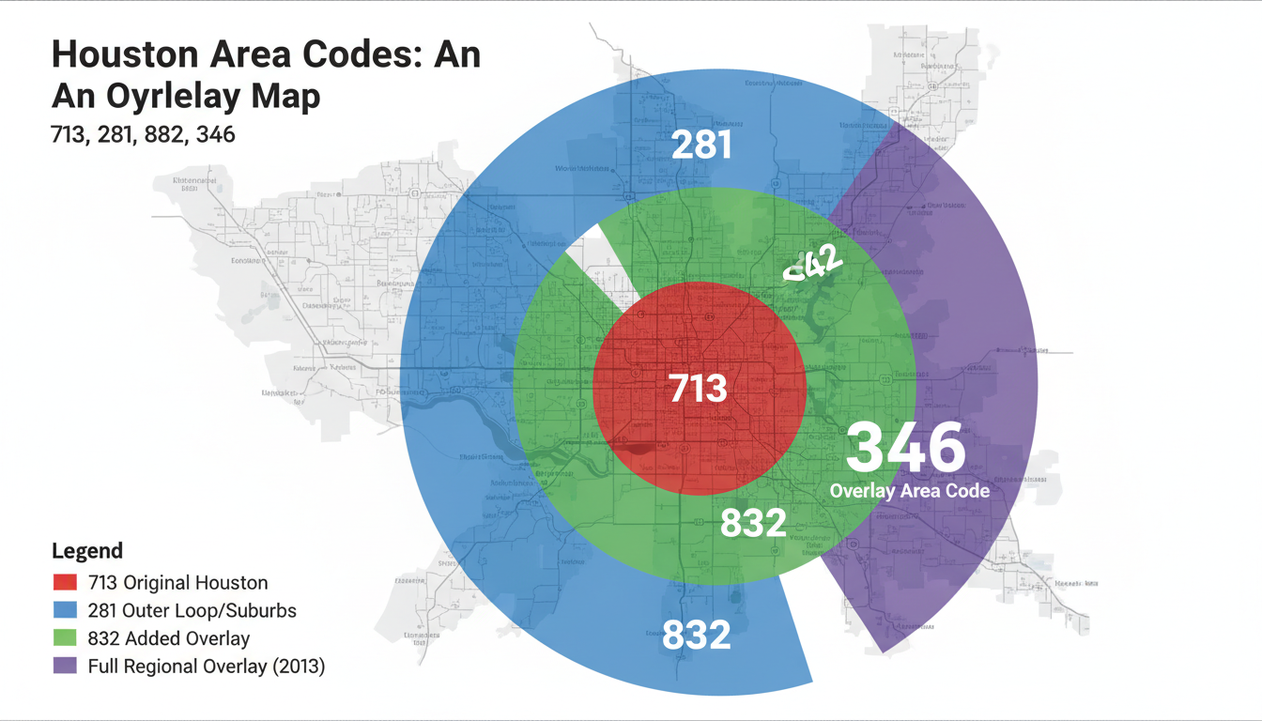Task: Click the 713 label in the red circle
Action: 698,388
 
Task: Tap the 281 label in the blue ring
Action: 701,145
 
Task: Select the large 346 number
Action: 905,449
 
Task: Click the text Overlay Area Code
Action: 909,490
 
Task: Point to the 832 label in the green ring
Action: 752,522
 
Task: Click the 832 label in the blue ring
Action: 697,635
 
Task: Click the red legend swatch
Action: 65,582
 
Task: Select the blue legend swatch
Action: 65,610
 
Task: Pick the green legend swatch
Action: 65,638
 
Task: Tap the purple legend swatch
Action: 65,667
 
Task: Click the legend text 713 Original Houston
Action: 177,582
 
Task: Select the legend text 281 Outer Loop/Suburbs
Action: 192,610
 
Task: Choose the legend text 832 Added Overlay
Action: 168,638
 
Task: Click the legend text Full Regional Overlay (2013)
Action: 206,667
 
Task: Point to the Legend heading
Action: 87,551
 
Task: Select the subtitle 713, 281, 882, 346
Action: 143,134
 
